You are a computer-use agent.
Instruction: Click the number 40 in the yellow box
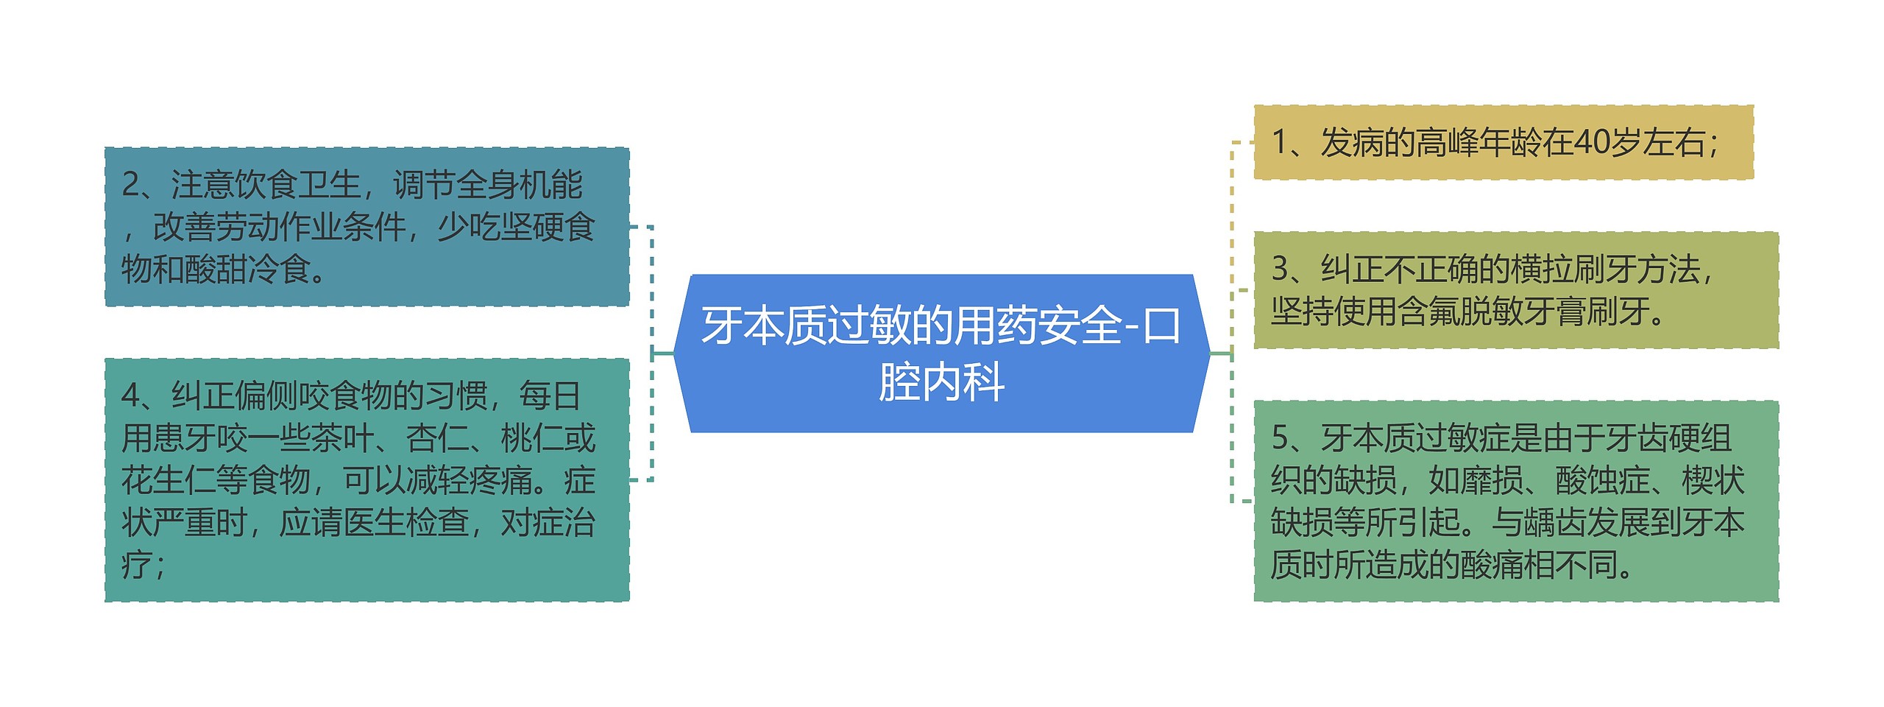(x=1590, y=142)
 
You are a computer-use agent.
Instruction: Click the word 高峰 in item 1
(x=1447, y=142)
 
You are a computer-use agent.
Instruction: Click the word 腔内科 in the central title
(x=941, y=382)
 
